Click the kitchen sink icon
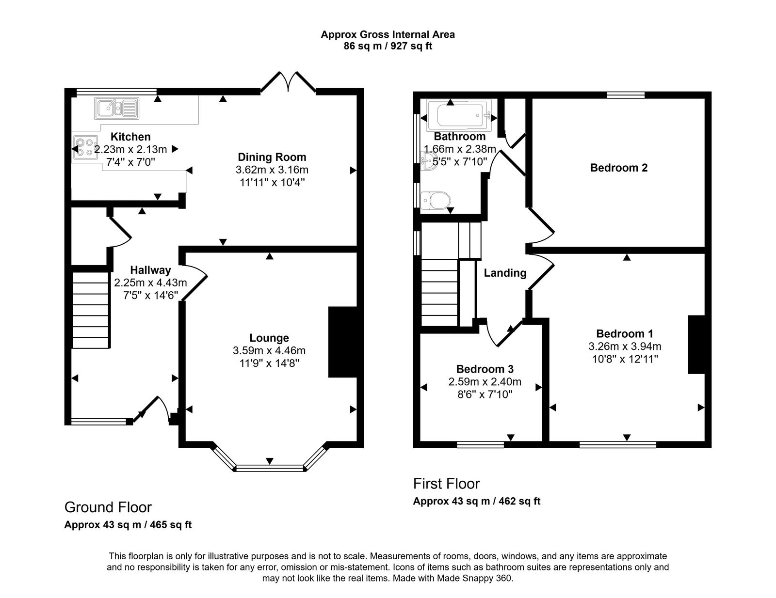[117, 108]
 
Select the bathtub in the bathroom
[459, 116]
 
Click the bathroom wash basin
[429, 162]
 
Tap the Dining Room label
[272, 157]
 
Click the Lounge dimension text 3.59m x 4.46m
[269, 351]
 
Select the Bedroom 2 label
[618, 168]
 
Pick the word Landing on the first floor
[505, 273]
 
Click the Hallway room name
[150, 270]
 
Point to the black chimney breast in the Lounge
[343, 342]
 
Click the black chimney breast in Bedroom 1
[696, 345]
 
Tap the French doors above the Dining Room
[288, 83]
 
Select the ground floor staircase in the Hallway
[91, 310]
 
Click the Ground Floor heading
[108, 507]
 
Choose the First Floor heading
[446, 484]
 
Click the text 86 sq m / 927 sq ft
[388, 47]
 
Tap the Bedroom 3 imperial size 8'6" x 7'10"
[485, 394]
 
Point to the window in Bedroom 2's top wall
[626, 95]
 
